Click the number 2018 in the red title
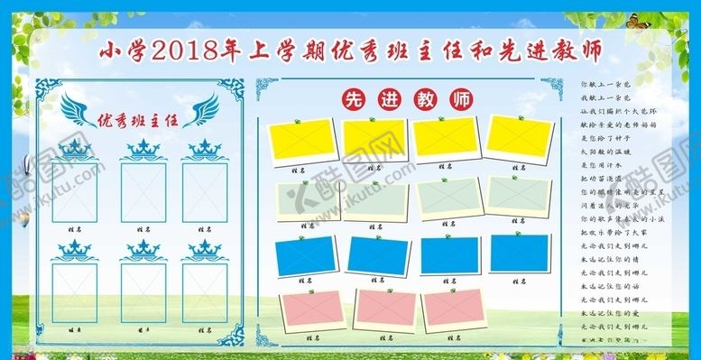(x=187, y=49)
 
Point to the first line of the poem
(x=608, y=84)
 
